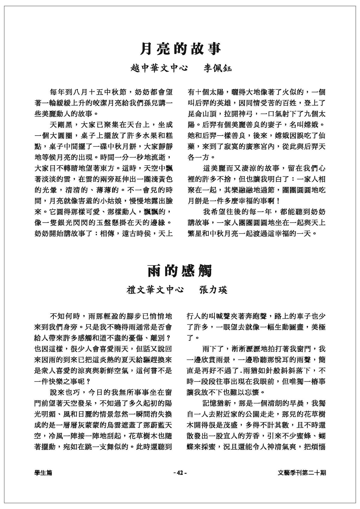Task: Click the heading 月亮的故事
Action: (x=180, y=49)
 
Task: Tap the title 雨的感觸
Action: (x=180, y=271)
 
